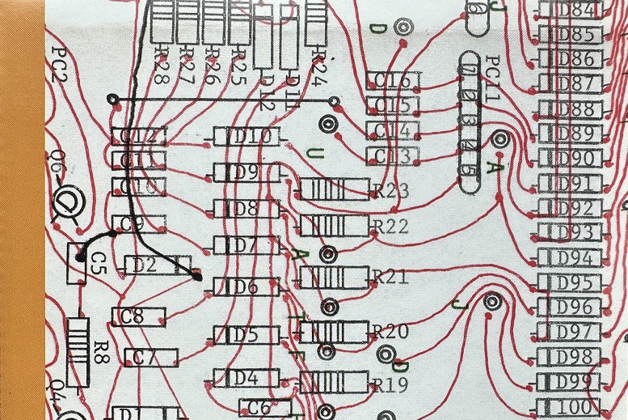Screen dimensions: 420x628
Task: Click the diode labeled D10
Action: click(247, 137)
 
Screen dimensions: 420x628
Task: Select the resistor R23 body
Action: click(332, 190)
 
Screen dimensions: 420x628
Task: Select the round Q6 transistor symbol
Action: click(68, 200)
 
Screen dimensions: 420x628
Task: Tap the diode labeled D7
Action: click(246, 244)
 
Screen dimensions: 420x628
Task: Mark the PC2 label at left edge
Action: click(58, 65)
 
